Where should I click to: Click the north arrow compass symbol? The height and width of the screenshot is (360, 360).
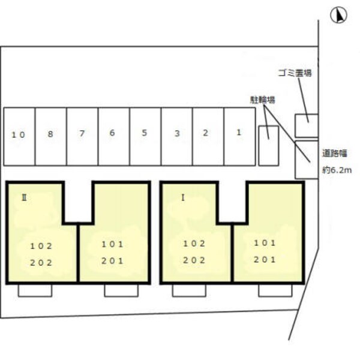click(338, 16)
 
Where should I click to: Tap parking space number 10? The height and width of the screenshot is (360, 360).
click(19, 136)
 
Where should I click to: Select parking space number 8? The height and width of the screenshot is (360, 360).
click(51, 136)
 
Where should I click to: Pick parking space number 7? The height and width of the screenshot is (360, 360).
click(82, 136)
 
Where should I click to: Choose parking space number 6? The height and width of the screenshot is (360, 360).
click(114, 136)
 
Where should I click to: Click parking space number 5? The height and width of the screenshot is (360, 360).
click(145, 136)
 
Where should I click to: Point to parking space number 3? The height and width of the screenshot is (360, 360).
click(177, 136)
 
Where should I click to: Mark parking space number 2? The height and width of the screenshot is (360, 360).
click(208, 136)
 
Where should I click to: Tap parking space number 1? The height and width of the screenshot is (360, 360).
click(239, 136)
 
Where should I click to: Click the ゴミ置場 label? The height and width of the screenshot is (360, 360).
click(295, 73)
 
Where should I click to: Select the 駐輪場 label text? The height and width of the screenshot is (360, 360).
click(262, 100)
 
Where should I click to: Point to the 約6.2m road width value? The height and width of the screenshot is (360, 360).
click(337, 170)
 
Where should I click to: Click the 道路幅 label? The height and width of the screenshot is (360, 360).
click(335, 153)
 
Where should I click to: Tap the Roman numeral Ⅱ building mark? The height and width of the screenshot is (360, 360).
click(24, 197)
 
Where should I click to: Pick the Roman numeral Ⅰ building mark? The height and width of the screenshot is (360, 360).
click(183, 197)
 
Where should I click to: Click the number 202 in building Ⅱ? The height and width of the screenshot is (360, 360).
click(41, 263)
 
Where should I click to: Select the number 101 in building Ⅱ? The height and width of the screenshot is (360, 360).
click(113, 245)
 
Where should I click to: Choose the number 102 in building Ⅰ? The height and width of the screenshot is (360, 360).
click(194, 244)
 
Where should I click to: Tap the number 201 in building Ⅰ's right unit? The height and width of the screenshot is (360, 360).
click(265, 260)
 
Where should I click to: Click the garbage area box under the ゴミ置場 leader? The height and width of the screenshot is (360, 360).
click(307, 125)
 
